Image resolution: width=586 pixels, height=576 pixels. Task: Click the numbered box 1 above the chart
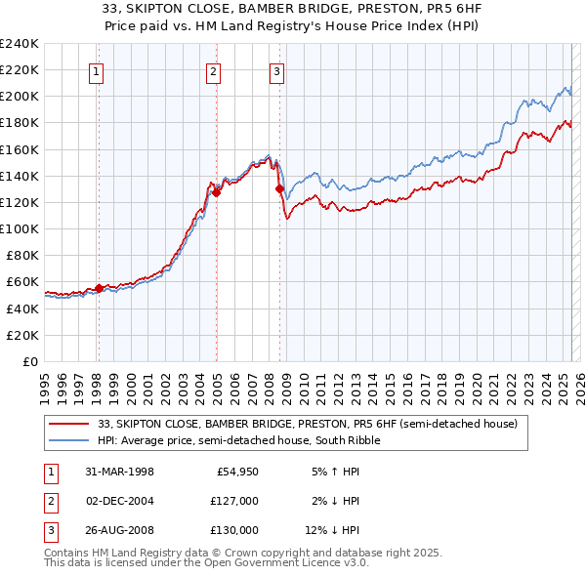point(98,70)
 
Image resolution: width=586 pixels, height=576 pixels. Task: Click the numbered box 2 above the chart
point(213,70)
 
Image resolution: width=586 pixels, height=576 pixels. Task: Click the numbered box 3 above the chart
point(277,70)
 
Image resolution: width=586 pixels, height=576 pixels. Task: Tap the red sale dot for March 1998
point(99,288)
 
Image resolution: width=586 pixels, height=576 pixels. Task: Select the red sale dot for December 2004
point(216,192)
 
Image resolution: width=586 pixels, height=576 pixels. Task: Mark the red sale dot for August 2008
point(279,188)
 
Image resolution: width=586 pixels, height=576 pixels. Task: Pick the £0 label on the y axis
point(31,361)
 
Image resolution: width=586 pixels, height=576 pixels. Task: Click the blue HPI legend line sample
point(70,440)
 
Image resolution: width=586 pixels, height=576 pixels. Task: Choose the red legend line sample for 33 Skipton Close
point(70,424)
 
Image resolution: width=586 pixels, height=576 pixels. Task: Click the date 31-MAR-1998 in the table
point(120,472)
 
